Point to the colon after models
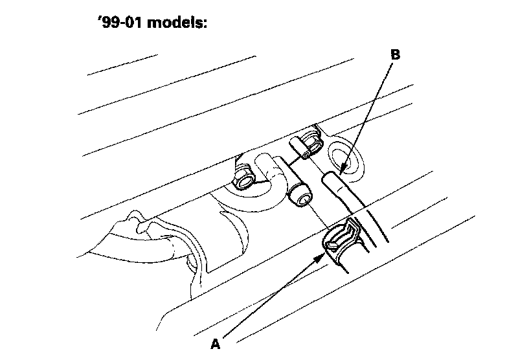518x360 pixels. [205, 24]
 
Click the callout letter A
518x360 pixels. [216, 344]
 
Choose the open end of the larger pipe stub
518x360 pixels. [300, 194]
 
